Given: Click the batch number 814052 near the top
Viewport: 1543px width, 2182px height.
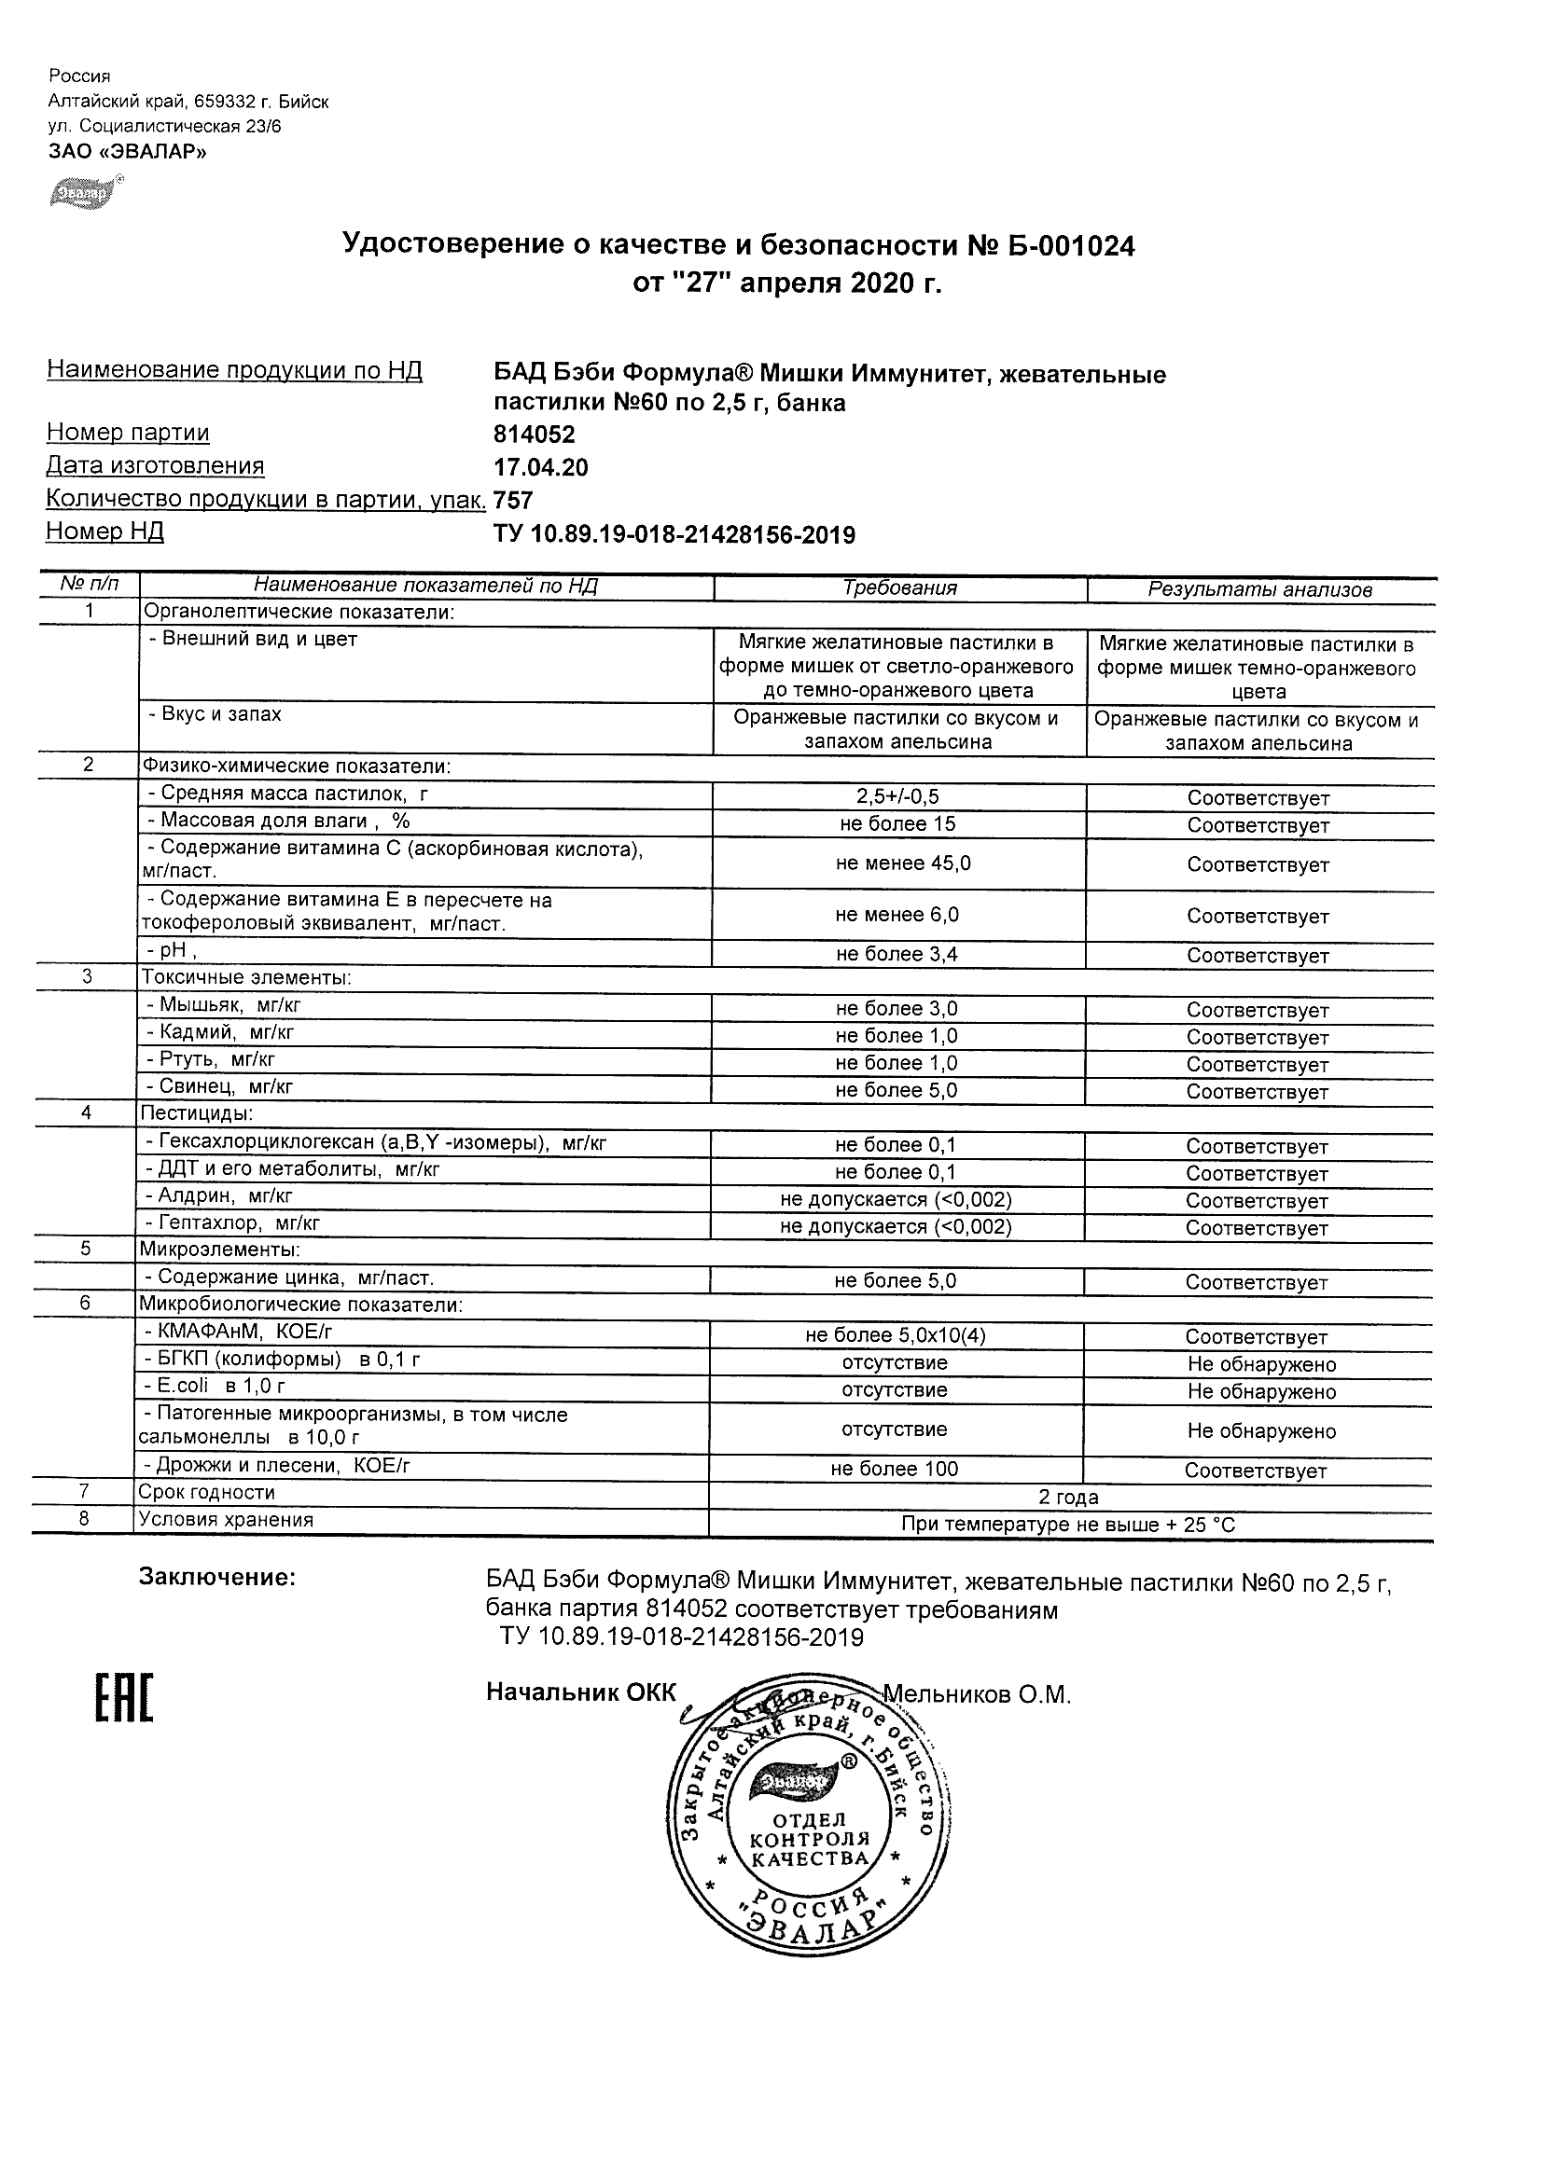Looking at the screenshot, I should (x=535, y=435).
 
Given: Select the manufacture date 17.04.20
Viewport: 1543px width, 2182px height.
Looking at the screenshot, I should (x=541, y=467).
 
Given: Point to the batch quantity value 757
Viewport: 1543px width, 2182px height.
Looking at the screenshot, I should (x=513, y=501).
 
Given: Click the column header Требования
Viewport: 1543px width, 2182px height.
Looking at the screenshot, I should (x=899, y=588).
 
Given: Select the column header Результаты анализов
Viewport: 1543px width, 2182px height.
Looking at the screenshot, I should (x=1259, y=590).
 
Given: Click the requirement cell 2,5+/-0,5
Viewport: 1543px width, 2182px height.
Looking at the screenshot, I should (x=897, y=797).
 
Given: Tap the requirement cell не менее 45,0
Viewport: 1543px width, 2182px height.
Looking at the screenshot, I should (x=903, y=863).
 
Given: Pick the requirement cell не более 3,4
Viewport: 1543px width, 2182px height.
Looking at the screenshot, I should (x=897, y=954).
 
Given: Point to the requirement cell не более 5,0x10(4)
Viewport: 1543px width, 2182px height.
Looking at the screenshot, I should (x=896, y=1335).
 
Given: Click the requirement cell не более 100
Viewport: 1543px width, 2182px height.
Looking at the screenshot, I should (x=895, y=1470).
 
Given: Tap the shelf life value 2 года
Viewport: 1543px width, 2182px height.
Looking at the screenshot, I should (x=1068, y=1498).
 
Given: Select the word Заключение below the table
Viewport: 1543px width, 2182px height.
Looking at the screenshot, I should (x=217, y=1578).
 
